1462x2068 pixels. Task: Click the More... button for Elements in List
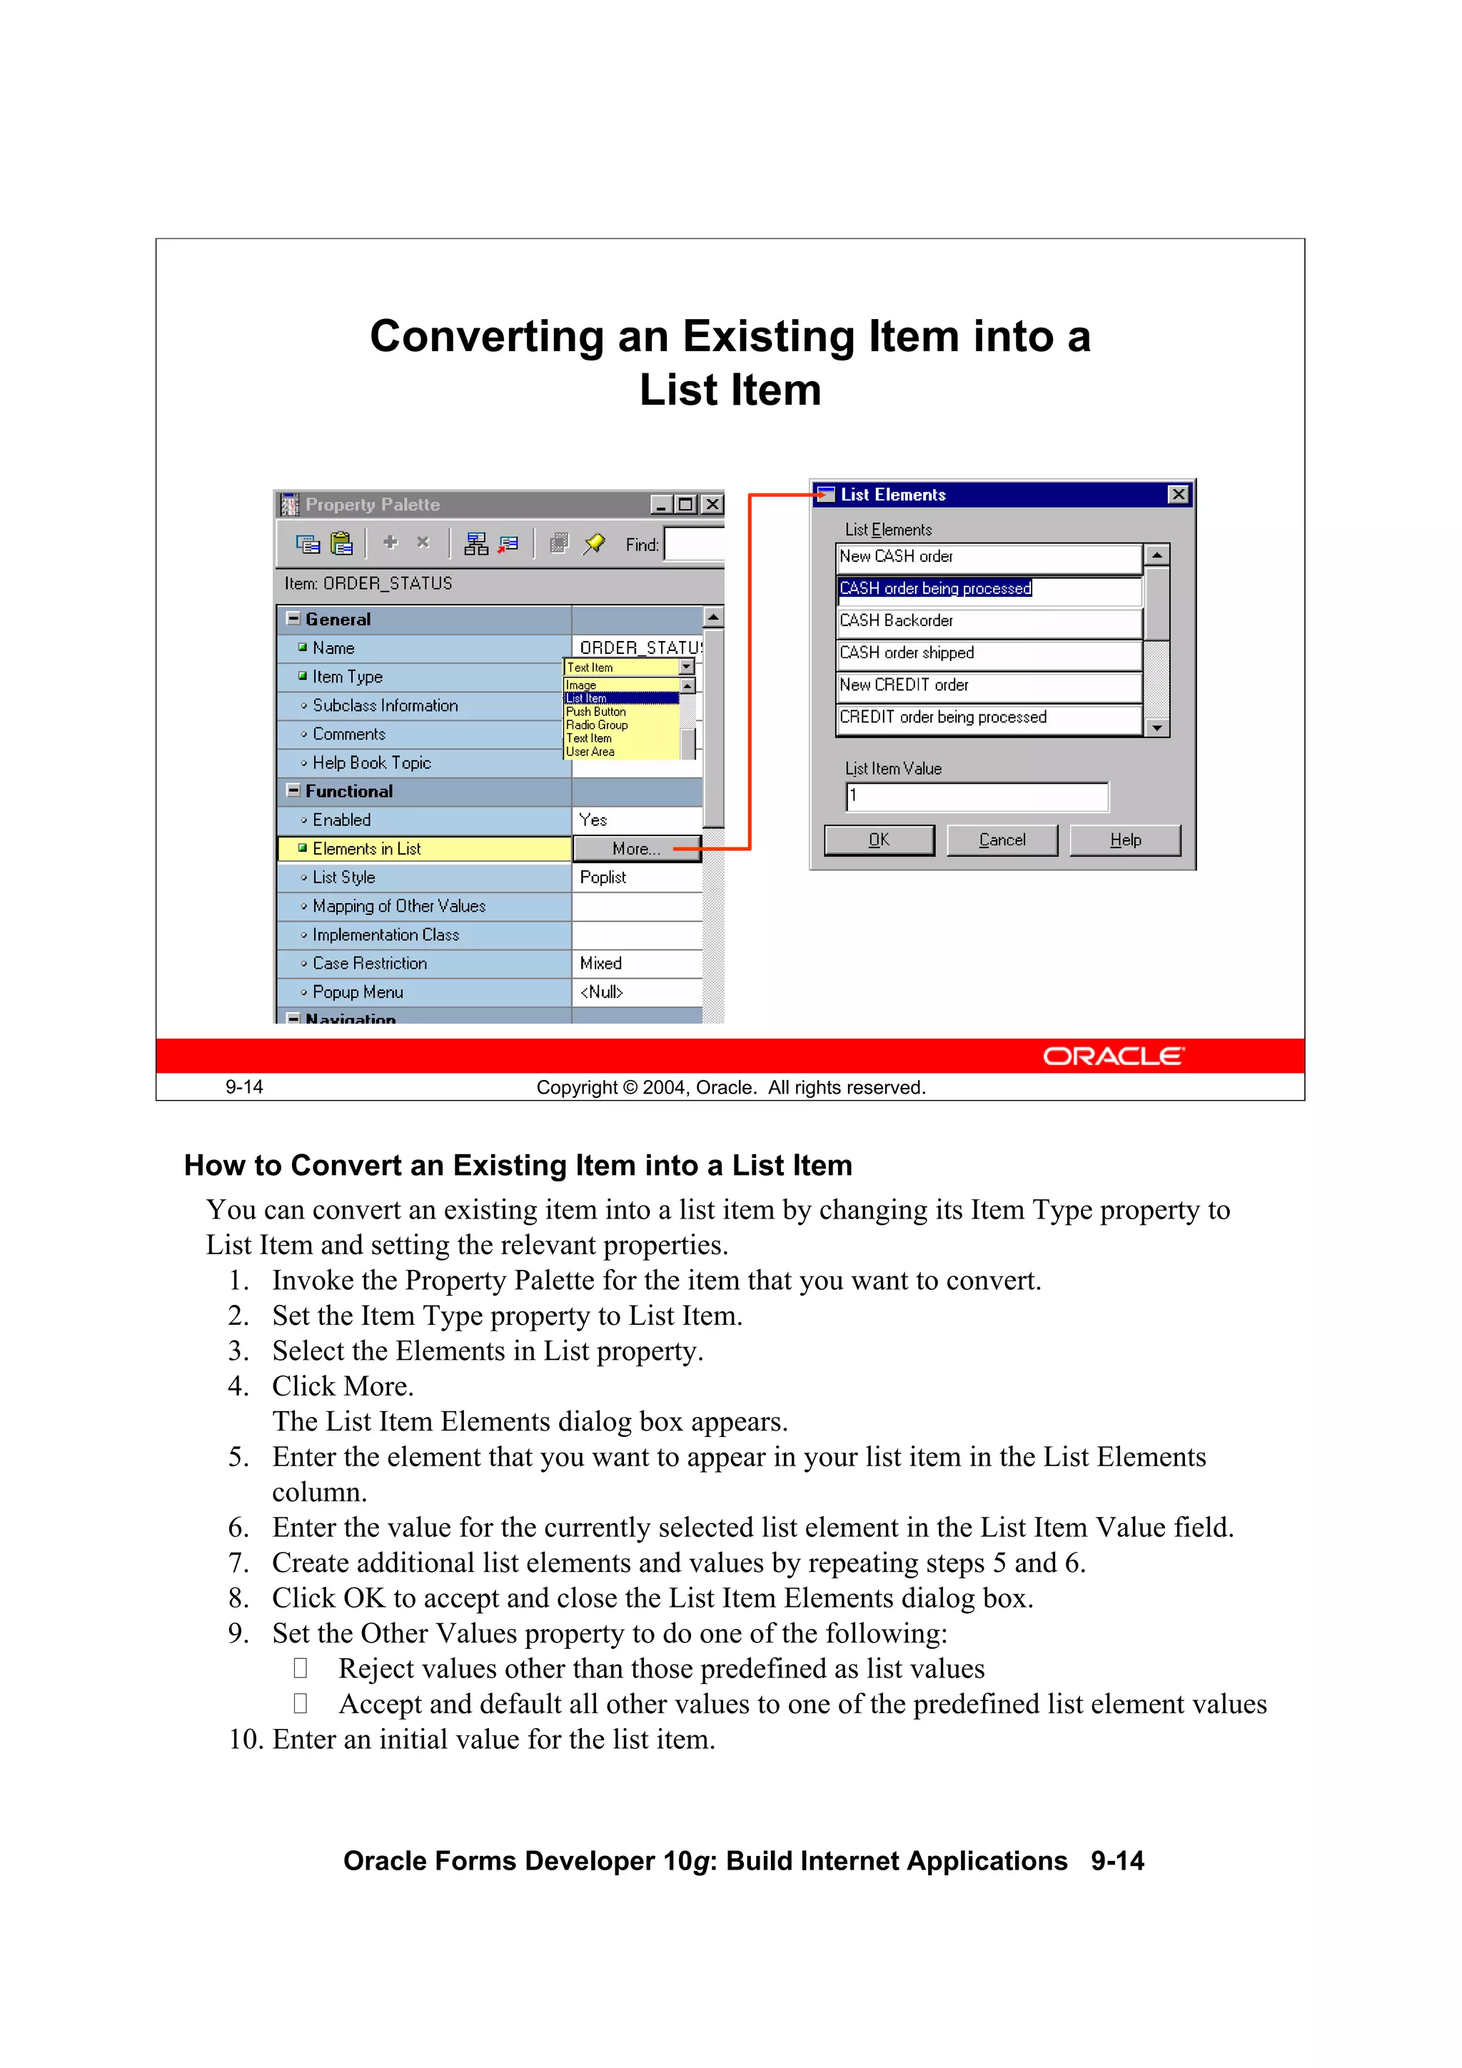click(x=636, y=849)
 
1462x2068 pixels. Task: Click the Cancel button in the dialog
click(x=1002, y=840)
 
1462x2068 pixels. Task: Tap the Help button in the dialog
click(x=1124, y=840)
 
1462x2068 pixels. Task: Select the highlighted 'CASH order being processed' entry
click(x=935, y=588)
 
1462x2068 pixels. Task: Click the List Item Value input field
click(x=977, y=796)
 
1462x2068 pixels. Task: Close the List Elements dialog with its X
click(x=1177, y=495)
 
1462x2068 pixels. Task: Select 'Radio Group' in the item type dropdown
click(x=596, y=725)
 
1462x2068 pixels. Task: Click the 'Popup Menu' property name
click(x=358, y=992)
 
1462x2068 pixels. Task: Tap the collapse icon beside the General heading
click(x=293, y=618)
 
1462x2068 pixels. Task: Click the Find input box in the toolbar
click(x=694, y=544)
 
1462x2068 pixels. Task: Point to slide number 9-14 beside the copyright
click(x=244, y=1087)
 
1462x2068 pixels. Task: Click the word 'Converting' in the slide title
click(x=486, y=337)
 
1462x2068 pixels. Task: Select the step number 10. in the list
click(x=246, y=1739)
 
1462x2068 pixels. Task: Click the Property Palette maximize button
click(x=685, y=505)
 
